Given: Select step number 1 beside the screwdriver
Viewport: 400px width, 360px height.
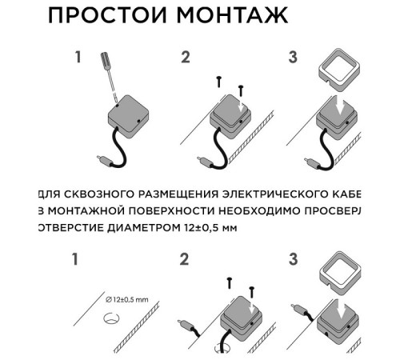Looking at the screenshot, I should (x=78, y=58).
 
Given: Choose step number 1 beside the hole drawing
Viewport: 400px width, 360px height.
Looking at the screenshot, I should (x=78, y=259).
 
